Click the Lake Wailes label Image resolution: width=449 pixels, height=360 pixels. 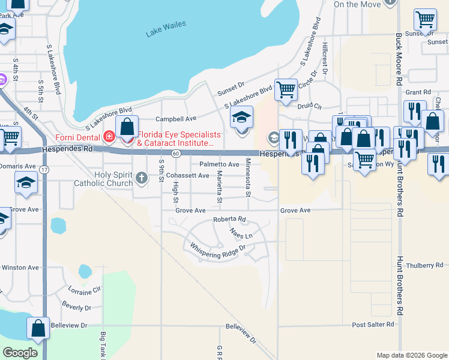pos(166,28)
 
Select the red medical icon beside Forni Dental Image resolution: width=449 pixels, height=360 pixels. pos(109,136)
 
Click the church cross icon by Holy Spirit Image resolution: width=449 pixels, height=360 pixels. pos(141,177)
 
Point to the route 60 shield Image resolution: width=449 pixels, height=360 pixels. pos(175,154)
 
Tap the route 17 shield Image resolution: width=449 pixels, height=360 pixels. pos(45,170)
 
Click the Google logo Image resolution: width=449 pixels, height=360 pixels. pos(20,353)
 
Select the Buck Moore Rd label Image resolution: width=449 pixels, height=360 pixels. pos(399,59)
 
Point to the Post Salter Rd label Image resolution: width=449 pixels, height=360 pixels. pos(373,324)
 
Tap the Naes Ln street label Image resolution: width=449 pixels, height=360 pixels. pos(241,233)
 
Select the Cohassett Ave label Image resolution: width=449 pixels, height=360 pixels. pos(188,176)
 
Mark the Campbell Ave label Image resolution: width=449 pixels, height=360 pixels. pos(176,119)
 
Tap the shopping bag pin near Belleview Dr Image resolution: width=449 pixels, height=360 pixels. pos(38,328)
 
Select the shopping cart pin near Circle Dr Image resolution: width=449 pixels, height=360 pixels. pos(286,89)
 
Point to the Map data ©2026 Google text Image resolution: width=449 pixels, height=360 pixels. pos(411,355)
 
